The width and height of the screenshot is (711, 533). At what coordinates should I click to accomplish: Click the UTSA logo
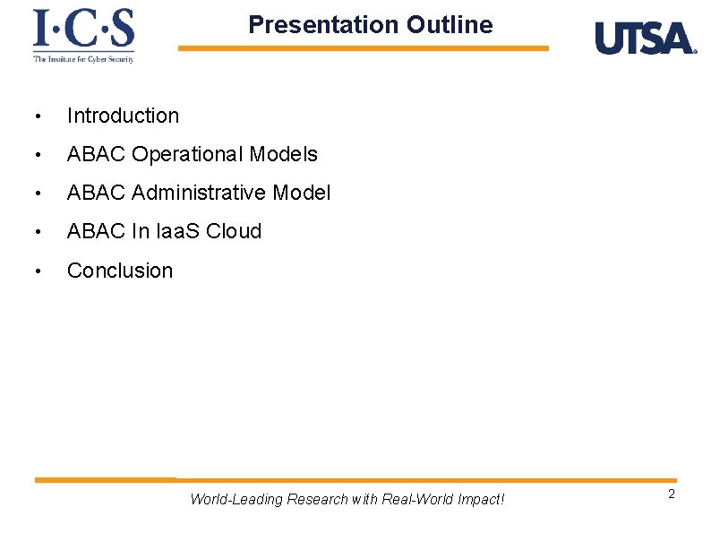[x=645, y=39]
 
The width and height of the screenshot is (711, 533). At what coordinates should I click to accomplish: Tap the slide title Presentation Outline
[x=370, y=25]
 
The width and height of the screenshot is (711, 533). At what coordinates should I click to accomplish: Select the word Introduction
[x=123, y=116]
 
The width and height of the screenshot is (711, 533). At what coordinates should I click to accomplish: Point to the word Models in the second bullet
[x=284, y=154]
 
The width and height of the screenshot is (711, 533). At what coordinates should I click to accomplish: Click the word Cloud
[x=234, y=231]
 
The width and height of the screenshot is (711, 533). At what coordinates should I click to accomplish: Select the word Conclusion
[x=120, y=271]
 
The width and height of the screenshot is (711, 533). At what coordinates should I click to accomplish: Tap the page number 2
[x=671, y=495]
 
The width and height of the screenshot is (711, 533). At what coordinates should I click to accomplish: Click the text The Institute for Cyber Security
[x=83, y=59]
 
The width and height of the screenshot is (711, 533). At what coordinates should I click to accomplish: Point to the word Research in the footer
[x=317, y=499]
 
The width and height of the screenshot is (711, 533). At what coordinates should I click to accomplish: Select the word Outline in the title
[x=449, y=25]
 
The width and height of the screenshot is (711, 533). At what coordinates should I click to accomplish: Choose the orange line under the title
[x=363, y=48]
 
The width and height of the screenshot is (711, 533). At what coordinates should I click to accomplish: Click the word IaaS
[x=178, y=231]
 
